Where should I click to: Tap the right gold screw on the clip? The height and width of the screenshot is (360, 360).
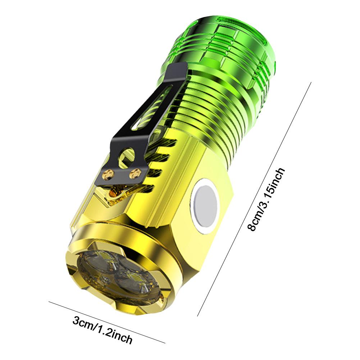tap(135, 172)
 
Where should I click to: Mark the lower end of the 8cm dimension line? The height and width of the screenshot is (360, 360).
tap(197, 316)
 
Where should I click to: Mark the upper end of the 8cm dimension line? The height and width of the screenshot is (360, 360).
tap(311, 83)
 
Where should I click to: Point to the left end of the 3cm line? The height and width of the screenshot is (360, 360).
tap(49, 302)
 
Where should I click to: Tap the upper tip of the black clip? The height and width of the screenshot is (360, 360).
tap(180, 67)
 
